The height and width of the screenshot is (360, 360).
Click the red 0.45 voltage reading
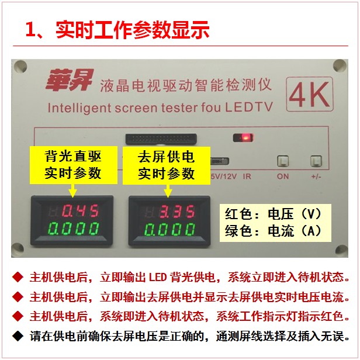80,210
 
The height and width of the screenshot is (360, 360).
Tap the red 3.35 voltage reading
177,211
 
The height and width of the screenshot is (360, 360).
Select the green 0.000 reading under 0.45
74,229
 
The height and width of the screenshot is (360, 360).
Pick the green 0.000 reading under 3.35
170,229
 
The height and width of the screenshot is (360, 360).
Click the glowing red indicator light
245,138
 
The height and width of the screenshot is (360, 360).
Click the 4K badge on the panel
310,94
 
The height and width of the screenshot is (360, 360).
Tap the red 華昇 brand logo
70,80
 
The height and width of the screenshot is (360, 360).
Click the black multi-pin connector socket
161,139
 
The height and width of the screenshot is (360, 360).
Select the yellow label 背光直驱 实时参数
74,165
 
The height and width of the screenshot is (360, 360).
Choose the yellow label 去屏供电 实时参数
167,165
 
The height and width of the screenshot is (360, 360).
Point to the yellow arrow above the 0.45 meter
73,190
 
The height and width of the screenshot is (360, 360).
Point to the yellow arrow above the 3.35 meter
168,191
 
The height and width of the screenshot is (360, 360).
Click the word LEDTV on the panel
248,107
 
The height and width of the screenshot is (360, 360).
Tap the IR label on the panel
247,176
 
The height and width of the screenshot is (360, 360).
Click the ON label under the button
283,176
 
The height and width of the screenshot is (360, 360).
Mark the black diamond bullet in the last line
18,336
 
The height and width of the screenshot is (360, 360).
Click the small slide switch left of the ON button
220,161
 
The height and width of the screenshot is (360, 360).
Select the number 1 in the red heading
30,29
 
